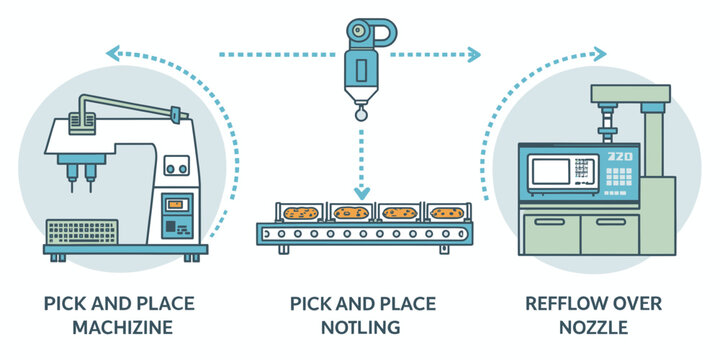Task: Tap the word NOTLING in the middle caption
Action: click(x=359, y=327)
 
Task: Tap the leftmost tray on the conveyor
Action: click(x=299, y=213)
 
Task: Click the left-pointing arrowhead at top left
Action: click(x=113, y=53)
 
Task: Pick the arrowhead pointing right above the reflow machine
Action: click(x=600, y=53)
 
